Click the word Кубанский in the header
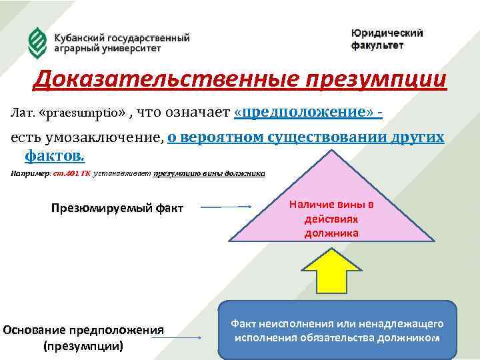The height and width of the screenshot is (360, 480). coord(79,37)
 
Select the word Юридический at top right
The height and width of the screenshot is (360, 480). coord(387,33)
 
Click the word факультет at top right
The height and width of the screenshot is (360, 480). coord(377,45)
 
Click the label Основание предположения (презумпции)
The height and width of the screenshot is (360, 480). coord(83,337)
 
